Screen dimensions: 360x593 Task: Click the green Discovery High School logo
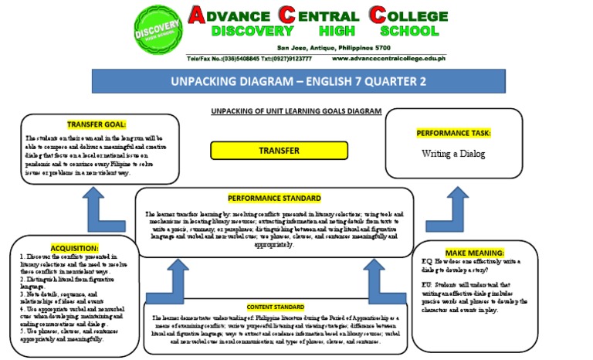pos(158,32)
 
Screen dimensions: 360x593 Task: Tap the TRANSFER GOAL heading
pos(97,124)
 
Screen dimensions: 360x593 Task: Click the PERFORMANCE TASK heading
pos(453,133)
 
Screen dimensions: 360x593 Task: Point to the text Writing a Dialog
pos(453,154)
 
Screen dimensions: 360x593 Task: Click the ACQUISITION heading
pos(75,248)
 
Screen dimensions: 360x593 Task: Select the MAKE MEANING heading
pos(475,253)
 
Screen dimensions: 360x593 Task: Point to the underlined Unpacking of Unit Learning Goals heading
pos(296,111)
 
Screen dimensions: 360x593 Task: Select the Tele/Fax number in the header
pos(224,59)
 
